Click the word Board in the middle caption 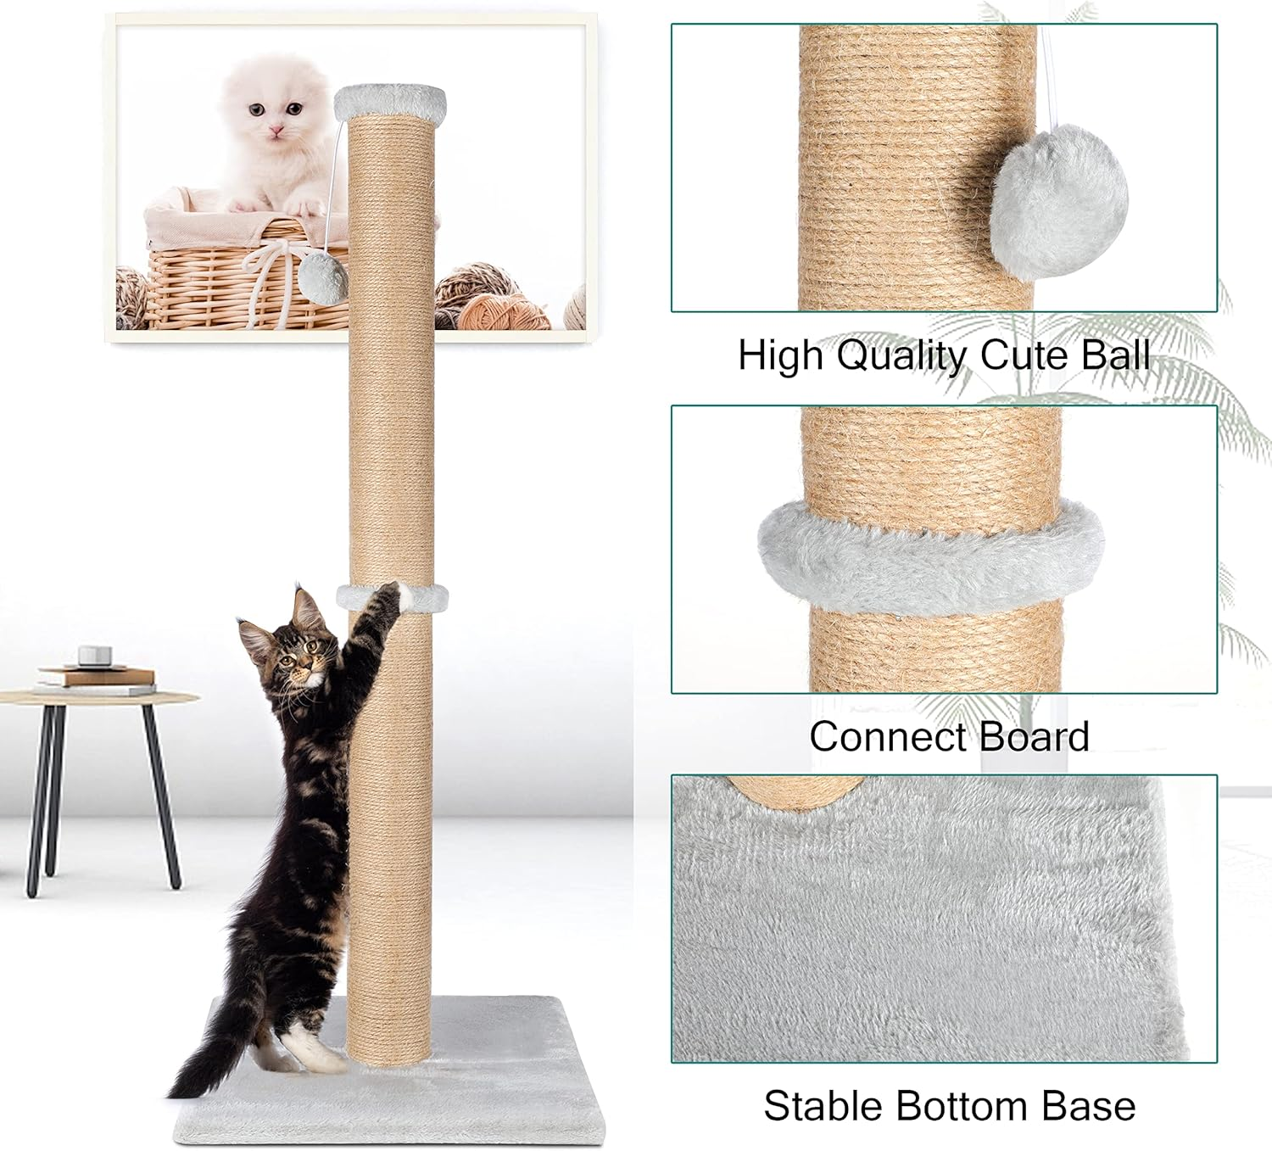[x=1036, y=736]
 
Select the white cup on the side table [x=92, y=657]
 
